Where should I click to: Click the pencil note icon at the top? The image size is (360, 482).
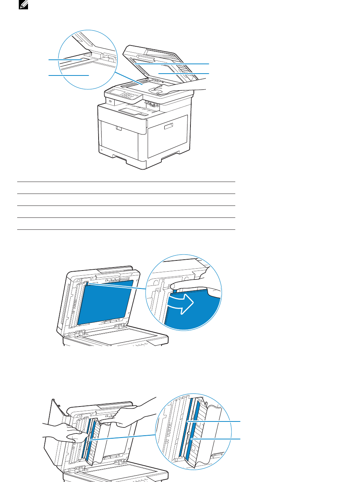tap(24, 4)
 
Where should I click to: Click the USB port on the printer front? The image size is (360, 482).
tap(110, 101)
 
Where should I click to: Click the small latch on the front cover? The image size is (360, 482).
tap(119, 129)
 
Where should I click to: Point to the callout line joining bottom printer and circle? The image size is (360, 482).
tap(123, 437)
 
